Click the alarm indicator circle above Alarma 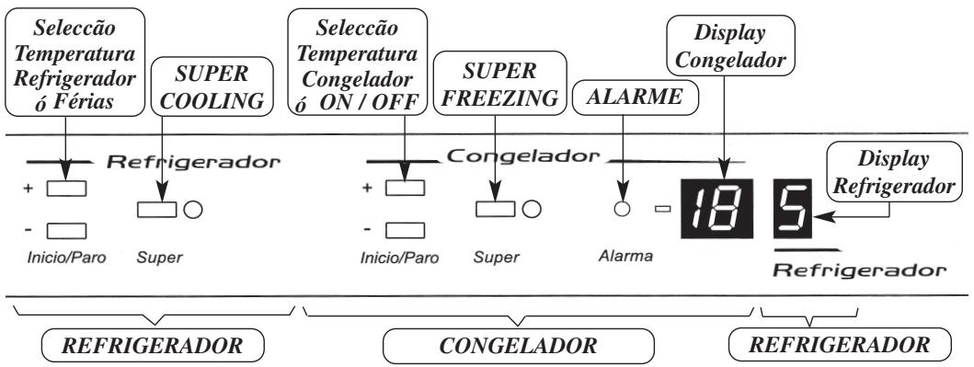pyautogui.click(x=623, y=208)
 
